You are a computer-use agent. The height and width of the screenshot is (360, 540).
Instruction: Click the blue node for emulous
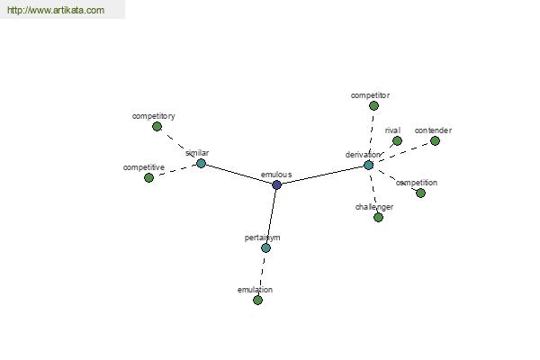[x=276, y=185]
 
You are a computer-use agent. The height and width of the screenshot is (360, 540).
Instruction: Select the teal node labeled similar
[x=201, y=163]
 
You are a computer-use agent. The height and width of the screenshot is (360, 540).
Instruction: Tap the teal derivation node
[x=368, y=166]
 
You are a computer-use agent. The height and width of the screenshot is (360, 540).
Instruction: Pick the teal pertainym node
[x=265, y=248]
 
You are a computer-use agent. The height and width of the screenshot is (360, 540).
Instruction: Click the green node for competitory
[x=157, y=127]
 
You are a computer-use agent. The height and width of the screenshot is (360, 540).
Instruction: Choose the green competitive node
[x=148, y=178]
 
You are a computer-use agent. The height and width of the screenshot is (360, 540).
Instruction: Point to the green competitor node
[x=373, y=106]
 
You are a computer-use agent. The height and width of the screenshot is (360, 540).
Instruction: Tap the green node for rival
[x=397, y=141]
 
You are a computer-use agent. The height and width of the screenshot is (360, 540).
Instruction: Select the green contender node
[x=435, y=141]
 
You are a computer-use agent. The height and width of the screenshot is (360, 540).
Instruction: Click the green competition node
[x=420, y=193]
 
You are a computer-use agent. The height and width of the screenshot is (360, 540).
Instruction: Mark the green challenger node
[x=378, y=218]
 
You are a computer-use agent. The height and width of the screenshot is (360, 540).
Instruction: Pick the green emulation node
[x=257, y=301]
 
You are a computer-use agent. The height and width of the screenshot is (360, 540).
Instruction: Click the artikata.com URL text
[x=56, y=10]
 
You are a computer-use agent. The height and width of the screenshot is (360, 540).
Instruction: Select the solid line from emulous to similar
[x=239, y=175]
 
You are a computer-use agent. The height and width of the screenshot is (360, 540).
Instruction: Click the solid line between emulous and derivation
[x=323, y=175]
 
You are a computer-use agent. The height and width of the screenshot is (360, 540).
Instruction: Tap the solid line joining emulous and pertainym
[x=272, y=216]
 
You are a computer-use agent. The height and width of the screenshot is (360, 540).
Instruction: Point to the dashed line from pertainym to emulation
[x=262, y=274]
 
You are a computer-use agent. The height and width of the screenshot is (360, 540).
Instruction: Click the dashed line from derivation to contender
[x=401, y=153]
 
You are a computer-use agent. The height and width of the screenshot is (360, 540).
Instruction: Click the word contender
[x=433, y=130]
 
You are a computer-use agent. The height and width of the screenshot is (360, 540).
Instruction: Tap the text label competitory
[x=154, y=116]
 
